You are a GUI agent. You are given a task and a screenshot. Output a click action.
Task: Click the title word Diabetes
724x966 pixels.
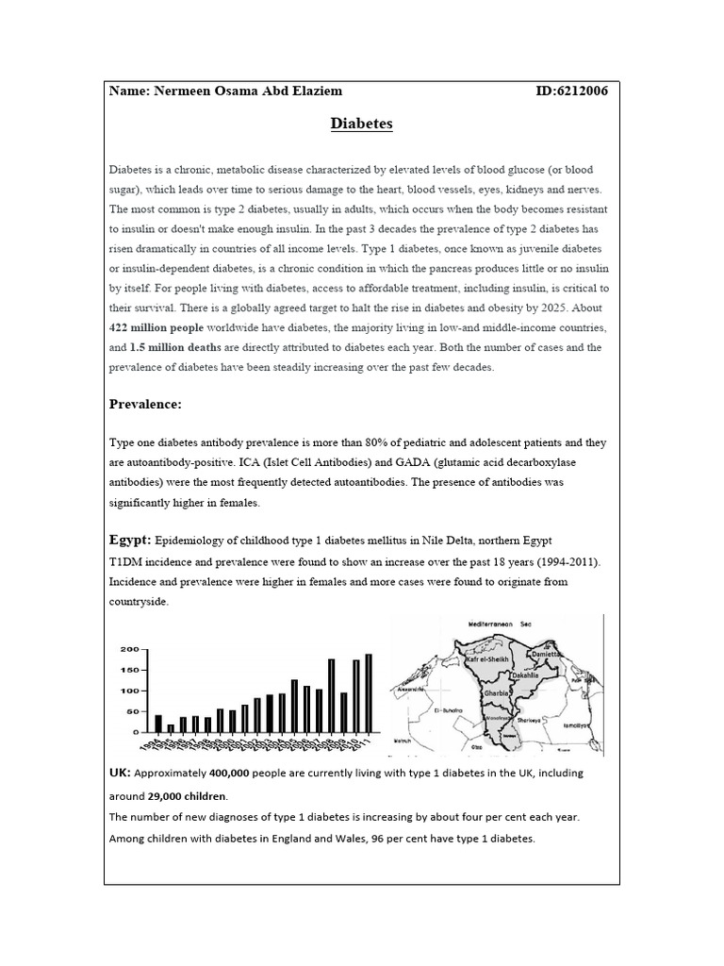[x=362, y=124]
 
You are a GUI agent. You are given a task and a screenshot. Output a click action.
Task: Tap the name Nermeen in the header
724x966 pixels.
[x=185, y=92]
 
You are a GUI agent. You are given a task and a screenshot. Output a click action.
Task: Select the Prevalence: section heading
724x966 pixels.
[x=145, y=405]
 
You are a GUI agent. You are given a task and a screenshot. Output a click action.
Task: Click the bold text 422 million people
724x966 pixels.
[x=156, y=326]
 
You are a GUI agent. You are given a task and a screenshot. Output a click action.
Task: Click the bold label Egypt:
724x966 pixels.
[x=129, y=541]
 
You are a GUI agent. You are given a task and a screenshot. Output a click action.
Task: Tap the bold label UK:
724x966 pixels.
[x=120, y=773]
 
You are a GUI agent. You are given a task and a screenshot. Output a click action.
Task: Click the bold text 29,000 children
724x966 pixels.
[x=179, y=795]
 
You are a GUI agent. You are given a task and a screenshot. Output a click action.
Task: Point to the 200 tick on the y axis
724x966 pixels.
[x=129, y=650]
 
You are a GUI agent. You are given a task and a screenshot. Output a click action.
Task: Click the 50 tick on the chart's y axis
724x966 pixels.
[x=133, y=711]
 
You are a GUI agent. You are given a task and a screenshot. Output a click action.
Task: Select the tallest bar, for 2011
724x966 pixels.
[x=369, y=692]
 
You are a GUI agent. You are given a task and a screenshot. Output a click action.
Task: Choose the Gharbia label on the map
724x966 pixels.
[x=497, y=692]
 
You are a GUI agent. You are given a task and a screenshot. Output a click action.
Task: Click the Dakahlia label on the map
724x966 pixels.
[x=526, y=676]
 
